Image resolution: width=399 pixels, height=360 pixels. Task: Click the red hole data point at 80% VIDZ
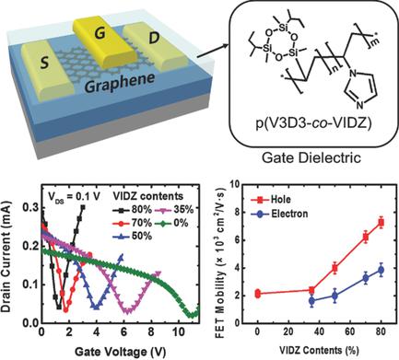(x=380, y=248)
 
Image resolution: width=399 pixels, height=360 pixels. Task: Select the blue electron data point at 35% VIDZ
(x=311, y=300)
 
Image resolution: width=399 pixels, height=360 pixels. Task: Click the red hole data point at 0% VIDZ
(x=258, y=294)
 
